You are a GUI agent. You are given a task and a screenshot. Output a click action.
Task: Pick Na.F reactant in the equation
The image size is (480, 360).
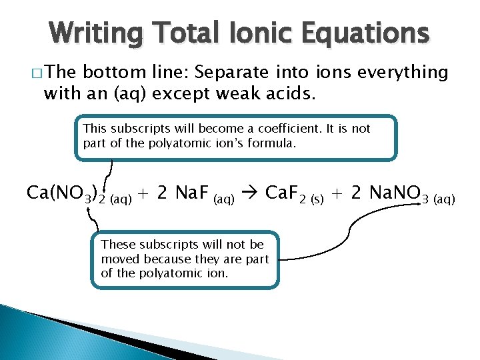[x=190, y=193]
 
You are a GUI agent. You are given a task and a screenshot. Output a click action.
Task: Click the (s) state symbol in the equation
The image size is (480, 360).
[x=314, y=199]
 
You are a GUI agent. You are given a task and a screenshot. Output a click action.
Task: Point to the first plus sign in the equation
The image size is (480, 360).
[x=146, y=193]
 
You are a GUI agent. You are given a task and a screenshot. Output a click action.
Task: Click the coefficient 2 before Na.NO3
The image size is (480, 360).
[x=357, y=193]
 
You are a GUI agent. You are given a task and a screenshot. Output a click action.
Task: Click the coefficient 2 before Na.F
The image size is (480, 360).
[x=163, y=193]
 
